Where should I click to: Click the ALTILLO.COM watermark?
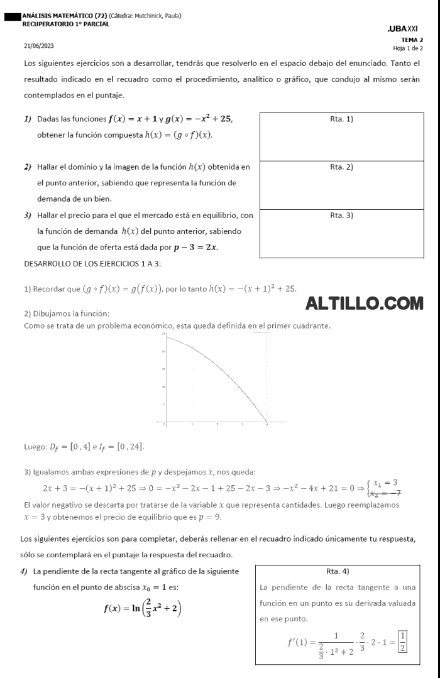point(365,304)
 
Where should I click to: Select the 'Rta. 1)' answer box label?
point(341,119)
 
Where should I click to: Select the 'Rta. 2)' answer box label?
point(341,167)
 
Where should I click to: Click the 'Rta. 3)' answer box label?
point(341,216)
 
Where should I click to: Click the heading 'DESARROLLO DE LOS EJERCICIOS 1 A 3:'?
point(91,263)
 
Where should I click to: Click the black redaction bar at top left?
point(11,17)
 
